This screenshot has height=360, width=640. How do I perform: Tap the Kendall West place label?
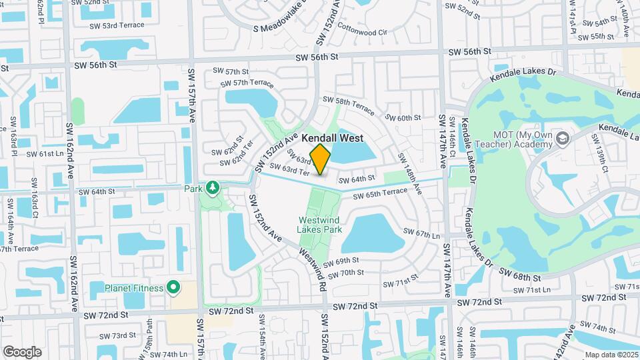pyautogui.click(x=333, y=138)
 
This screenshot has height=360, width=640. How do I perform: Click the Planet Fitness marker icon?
pyautogui.click(x=173, y=288)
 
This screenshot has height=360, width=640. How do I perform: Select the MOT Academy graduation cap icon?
pyautogui.click(x=563, y=138)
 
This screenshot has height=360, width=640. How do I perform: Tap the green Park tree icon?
pyautogui.click(x=212, y=189)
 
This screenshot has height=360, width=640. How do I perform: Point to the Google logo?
pyautogui.click(x=22, y=351)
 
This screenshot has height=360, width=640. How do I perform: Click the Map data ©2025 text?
pyautogui.click(x=611, y=355)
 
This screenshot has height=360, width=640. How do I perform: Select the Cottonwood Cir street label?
pyautogui.click(x=363, y=31)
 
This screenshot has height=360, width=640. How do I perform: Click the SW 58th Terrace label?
pyautogui.click(x=349, y=103)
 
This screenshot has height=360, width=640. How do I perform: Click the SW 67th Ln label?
pyautogui.click(x=422, y=234)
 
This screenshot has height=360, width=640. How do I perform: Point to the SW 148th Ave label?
pyautogui.click(x=410, y=173)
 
